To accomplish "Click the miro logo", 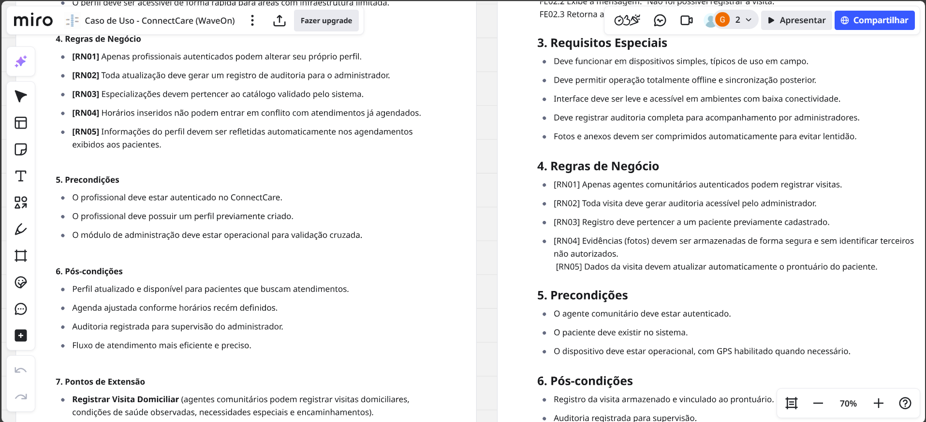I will [33, 20].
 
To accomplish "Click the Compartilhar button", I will [874, 20].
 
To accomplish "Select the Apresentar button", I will [796, 20].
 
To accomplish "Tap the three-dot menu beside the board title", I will [252, 20].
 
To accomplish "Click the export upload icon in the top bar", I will [279, 20].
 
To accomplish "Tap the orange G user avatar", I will [722, 20].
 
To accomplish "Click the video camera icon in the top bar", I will [686, 20].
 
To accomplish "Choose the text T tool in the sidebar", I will [21, 176].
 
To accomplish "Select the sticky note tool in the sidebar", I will [21, 149].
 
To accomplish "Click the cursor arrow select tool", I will [21, 96].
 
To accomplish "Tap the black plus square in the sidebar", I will [21, 335].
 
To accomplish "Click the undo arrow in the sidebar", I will [21, 371].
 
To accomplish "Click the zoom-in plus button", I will [878, 403].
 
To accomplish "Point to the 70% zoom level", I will [848, 404].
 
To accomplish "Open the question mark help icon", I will [905, 403].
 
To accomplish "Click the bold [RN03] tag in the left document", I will [86, 94].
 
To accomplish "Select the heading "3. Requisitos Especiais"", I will [602, 43].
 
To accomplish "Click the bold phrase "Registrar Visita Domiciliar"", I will [126, 399].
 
